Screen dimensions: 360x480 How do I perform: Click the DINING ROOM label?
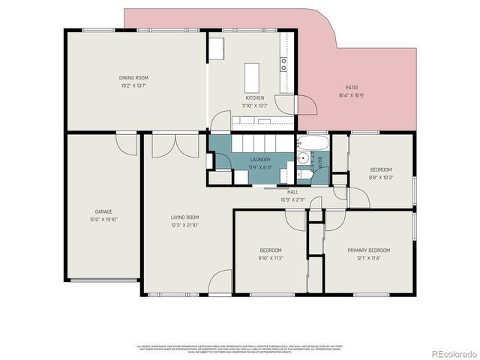pyautogui.click(x=133, y=77)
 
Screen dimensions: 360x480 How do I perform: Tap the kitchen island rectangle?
pyautogui.click(x=251, y=76)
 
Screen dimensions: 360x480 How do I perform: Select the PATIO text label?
pyautogui.click(x=351, y=88)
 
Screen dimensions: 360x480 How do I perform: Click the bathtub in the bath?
pyautogui.click(x=311, y=141)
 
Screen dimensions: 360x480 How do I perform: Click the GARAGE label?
pyautogui.click(x=103, y=211)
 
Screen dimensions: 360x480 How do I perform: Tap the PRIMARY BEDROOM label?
pyautogui.click(x=368, y=250)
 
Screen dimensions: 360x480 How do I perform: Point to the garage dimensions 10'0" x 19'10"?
pyautogui.click(x=103, y=220)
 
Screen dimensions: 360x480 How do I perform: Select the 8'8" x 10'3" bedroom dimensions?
pyautogui.click(x=381, y=178)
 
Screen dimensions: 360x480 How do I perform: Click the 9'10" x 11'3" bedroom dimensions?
pyautogui.click(x=270, y=258)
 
